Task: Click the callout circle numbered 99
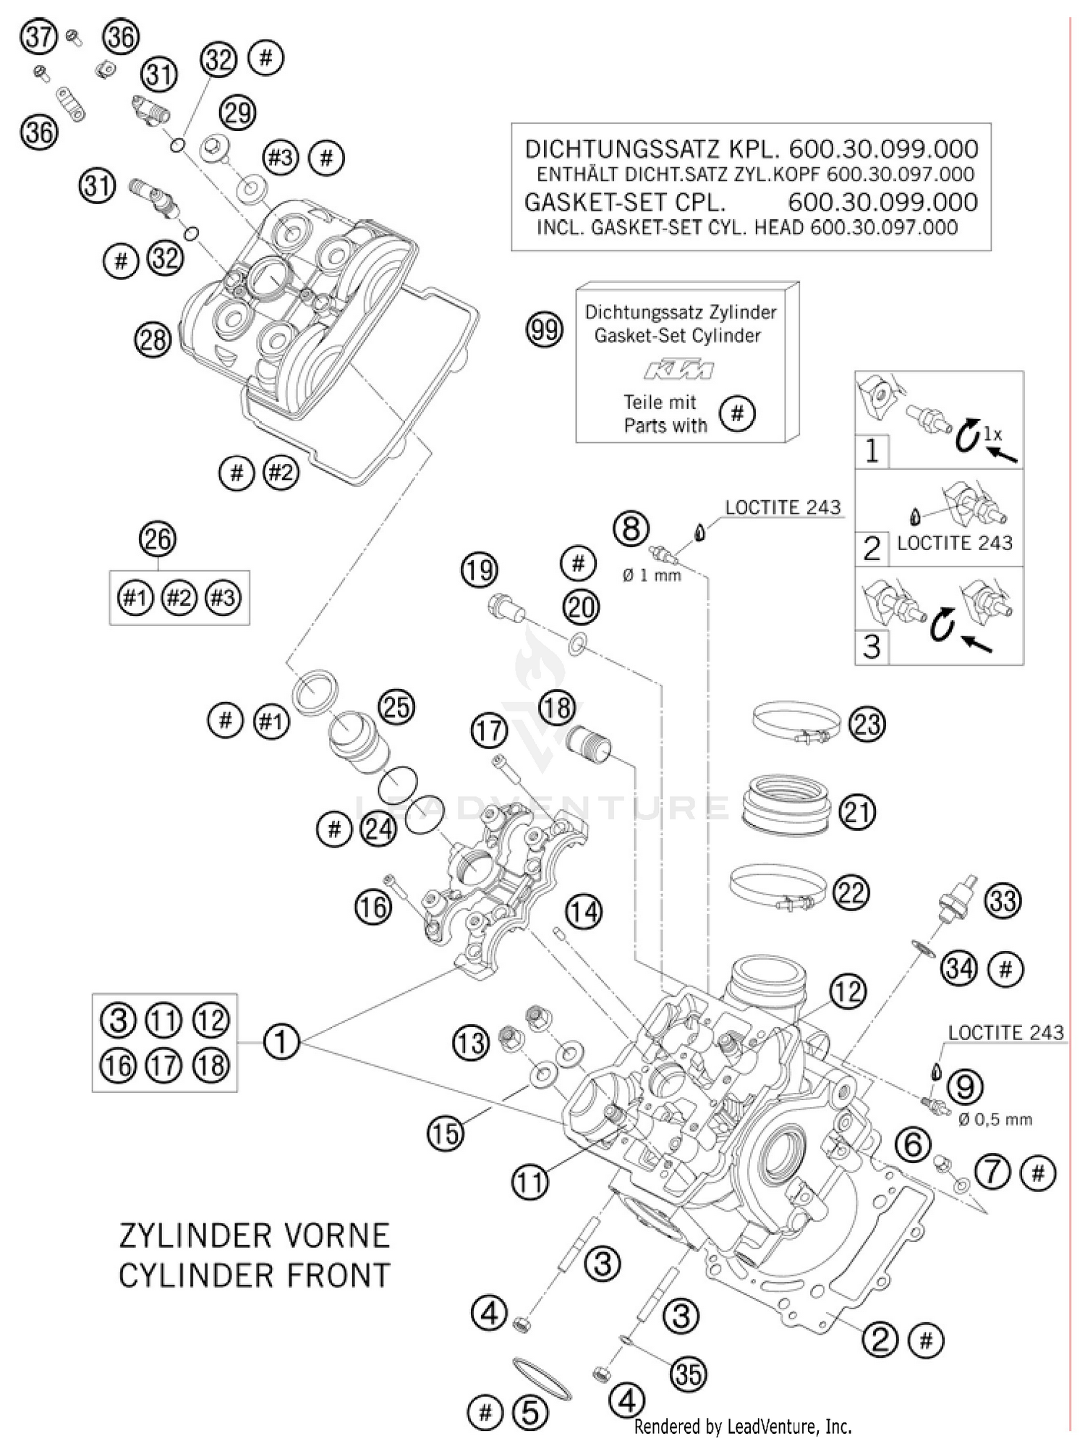coord(544,330)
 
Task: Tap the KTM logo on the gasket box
coord(678,370)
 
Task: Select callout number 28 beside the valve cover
coord(153,339)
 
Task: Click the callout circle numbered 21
coord(856,811)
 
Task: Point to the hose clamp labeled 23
coord(796,722)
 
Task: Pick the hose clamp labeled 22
coord(778,887)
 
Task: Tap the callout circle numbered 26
coord(158,539)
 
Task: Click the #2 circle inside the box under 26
coord(179,598)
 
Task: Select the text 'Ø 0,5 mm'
coord(995,1119)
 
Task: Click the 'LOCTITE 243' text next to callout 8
coord(783,507)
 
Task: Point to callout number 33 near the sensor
coord(1003,900)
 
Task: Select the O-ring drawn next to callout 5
coord(542,1378)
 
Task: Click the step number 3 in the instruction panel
coord(872,646)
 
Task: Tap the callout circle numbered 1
coord(281,1041)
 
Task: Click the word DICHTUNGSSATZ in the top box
coord(622,149)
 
